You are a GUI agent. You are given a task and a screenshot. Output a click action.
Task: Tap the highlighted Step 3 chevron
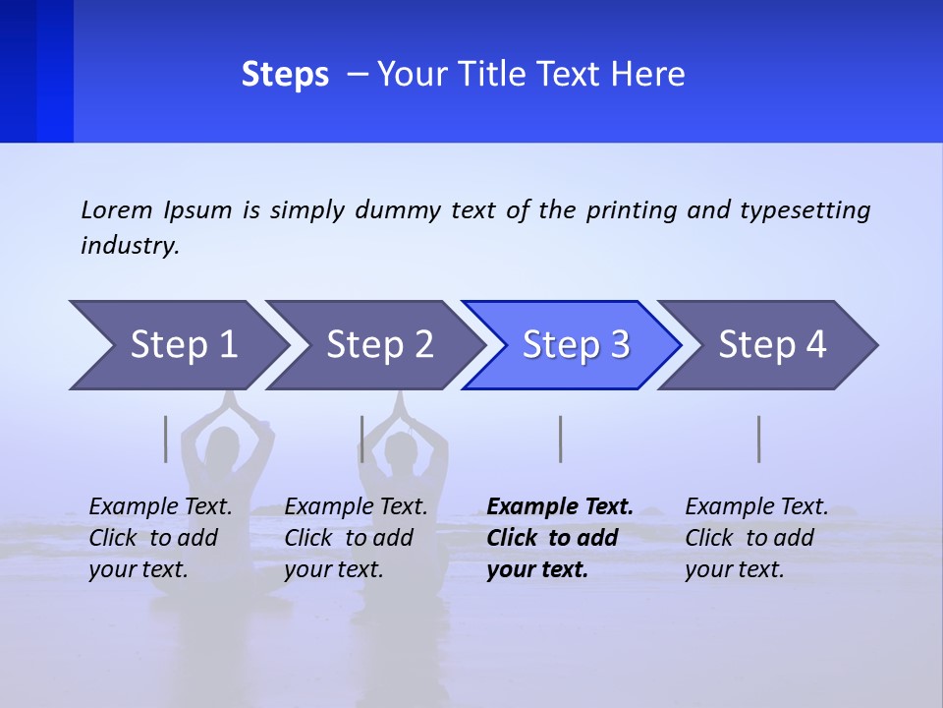point(576,344)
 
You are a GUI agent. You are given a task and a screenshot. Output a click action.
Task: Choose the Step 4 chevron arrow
point(772,344)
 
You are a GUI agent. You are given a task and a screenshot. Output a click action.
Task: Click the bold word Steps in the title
point(285,75)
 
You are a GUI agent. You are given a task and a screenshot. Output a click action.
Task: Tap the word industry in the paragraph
point(130,246)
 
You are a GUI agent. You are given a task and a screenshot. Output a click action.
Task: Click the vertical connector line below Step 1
point(166,439)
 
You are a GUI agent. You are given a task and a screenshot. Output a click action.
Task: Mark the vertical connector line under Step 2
point(362,439)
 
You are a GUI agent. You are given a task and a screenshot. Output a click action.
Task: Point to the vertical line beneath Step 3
point(561,439)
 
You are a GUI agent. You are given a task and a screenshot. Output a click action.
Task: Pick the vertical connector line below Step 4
point(759,439)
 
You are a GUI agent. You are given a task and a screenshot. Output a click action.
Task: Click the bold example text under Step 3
point(559,538)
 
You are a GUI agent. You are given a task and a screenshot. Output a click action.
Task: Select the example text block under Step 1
point(160,538)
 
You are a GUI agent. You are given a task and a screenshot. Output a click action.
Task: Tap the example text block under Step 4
point(756,538)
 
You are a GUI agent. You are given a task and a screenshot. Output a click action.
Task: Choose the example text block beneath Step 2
point(356,538)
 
